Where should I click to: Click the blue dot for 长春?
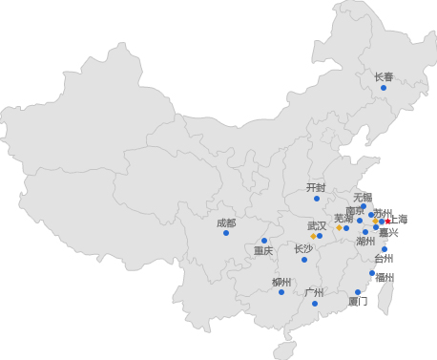384,88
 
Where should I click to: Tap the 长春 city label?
384,76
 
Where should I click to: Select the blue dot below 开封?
317,199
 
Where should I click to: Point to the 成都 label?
226,222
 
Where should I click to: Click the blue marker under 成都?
226,233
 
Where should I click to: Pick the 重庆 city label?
263,251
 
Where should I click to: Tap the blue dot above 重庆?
264,241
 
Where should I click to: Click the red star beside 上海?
388,222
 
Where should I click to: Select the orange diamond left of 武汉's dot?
312,236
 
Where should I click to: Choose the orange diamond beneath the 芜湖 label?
339,227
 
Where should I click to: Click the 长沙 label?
303,248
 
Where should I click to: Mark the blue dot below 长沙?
304,260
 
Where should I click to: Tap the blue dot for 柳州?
281,292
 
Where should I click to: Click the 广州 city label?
314,292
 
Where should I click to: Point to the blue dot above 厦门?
358,292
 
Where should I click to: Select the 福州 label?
385,278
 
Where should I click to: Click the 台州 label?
384,258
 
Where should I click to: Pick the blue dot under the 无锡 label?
364,206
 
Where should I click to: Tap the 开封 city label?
316,187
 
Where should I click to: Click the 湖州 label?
365,242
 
